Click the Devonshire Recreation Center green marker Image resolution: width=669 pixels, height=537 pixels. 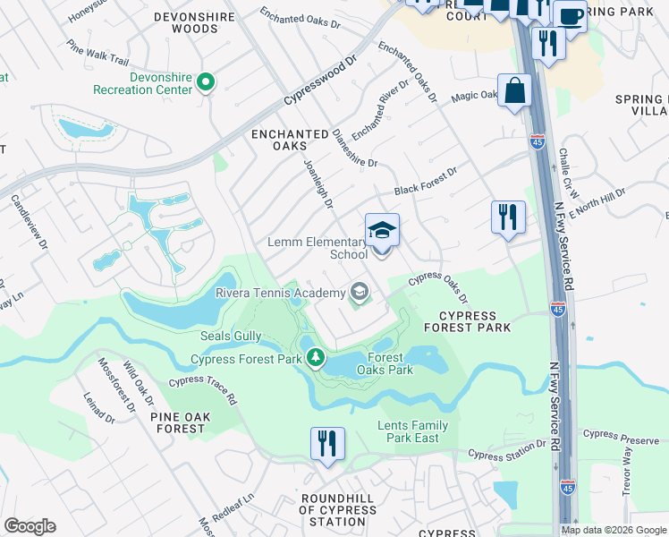206,83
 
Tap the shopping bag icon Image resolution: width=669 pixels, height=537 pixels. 514,90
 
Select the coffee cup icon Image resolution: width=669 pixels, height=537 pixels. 569,15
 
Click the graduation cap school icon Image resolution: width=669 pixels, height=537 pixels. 382,232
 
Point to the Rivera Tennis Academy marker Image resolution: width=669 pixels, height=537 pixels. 360,291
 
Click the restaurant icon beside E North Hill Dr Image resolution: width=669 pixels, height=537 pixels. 507,217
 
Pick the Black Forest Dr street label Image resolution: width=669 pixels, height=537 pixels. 426,181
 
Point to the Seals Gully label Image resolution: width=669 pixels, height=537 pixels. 231,336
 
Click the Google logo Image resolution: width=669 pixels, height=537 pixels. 30,526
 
